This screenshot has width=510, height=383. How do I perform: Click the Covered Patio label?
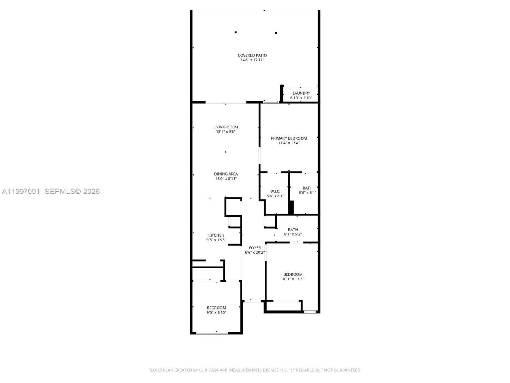click(x=252, y=55)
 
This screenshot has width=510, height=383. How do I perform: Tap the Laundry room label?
click(x=301, y=93)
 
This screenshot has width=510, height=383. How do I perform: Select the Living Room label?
click(x=226, y=127)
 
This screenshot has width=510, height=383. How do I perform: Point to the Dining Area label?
click(x=226, y=174)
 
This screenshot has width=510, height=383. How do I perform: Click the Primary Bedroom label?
click(x=289, y=138)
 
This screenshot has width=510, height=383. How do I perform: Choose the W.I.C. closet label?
click(x=275, y=191)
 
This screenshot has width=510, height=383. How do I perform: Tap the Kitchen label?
click(x=216, y=235)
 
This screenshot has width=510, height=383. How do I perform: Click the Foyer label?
click(x=255, y=248)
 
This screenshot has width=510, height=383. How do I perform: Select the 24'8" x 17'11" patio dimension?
click(x=252, y=60)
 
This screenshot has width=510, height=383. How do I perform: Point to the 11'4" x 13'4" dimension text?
click(x=289, y=143)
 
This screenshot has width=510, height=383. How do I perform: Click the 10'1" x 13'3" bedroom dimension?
click(x=293, y=279)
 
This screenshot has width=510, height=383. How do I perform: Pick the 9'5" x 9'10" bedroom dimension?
click(x=216, y=312)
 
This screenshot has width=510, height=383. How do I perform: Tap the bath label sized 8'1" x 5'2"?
click(x=293, y=229)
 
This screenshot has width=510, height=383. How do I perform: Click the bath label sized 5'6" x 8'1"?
click(x=307, y=188)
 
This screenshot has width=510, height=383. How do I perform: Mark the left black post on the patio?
click(x=235, y=32)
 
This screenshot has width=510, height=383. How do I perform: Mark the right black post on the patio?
click(x=276, y=33)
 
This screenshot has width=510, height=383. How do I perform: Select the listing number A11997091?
click(x=21, y=191)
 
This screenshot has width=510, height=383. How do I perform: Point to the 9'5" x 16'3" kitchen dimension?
click(x=216, y=240)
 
